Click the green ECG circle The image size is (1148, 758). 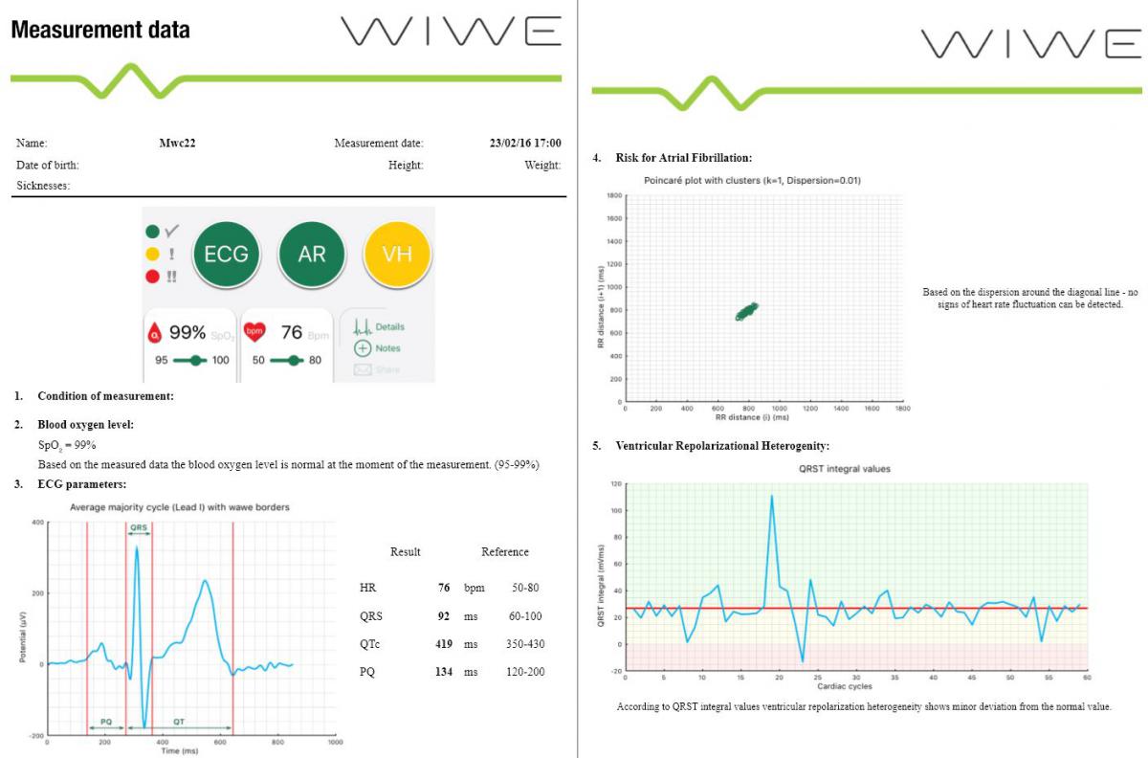click(x=227, y=254)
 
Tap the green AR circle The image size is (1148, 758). click(x=312, y=254)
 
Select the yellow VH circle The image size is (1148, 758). click(x=397, y=254)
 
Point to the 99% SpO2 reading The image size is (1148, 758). click(x=188, y=333)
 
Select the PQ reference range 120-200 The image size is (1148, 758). click(x=525, y=672)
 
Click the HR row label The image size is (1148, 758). click(x=355, y=588)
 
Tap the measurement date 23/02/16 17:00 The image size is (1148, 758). click(x=525, y=144)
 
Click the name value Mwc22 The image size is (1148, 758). click(x=178, y=144)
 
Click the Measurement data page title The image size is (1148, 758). click(x=100, y=31)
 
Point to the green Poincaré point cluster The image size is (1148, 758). click(x=746, y=311)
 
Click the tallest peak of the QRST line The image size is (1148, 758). click(x=771, y=496)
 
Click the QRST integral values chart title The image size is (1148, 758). click(x=844, y=469)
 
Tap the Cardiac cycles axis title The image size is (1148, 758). click(x=844, y=686)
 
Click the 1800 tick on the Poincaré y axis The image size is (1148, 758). click(x=614, y=195)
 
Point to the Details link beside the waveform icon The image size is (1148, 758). click(x=389, y=327)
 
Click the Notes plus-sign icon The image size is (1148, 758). click(x=363, y=348)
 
